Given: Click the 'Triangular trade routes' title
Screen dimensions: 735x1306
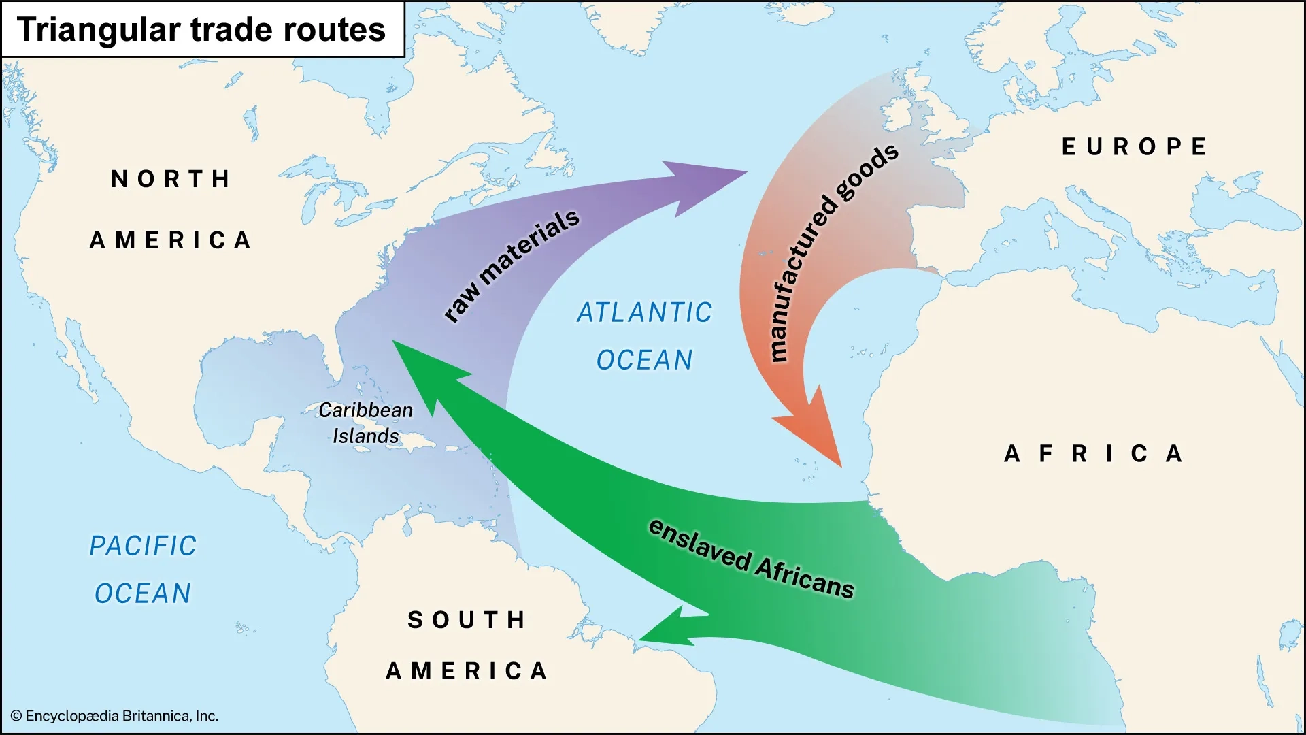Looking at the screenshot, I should [201, 30].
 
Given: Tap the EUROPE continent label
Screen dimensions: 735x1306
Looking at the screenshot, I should [1134, 147].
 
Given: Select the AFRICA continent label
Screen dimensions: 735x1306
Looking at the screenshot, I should [1094, 454].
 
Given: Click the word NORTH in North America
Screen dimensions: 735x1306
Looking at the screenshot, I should [171, 180].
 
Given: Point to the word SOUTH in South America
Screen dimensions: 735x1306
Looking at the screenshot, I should [467, 620].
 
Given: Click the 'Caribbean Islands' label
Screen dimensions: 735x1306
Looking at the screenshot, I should [365, 423].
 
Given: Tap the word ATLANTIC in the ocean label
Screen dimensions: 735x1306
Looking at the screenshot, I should [644, 313].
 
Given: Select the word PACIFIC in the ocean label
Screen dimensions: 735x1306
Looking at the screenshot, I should [143, 546].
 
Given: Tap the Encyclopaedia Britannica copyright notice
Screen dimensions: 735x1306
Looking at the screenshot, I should [114, 716].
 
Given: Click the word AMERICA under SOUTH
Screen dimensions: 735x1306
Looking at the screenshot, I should [467, 672].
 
